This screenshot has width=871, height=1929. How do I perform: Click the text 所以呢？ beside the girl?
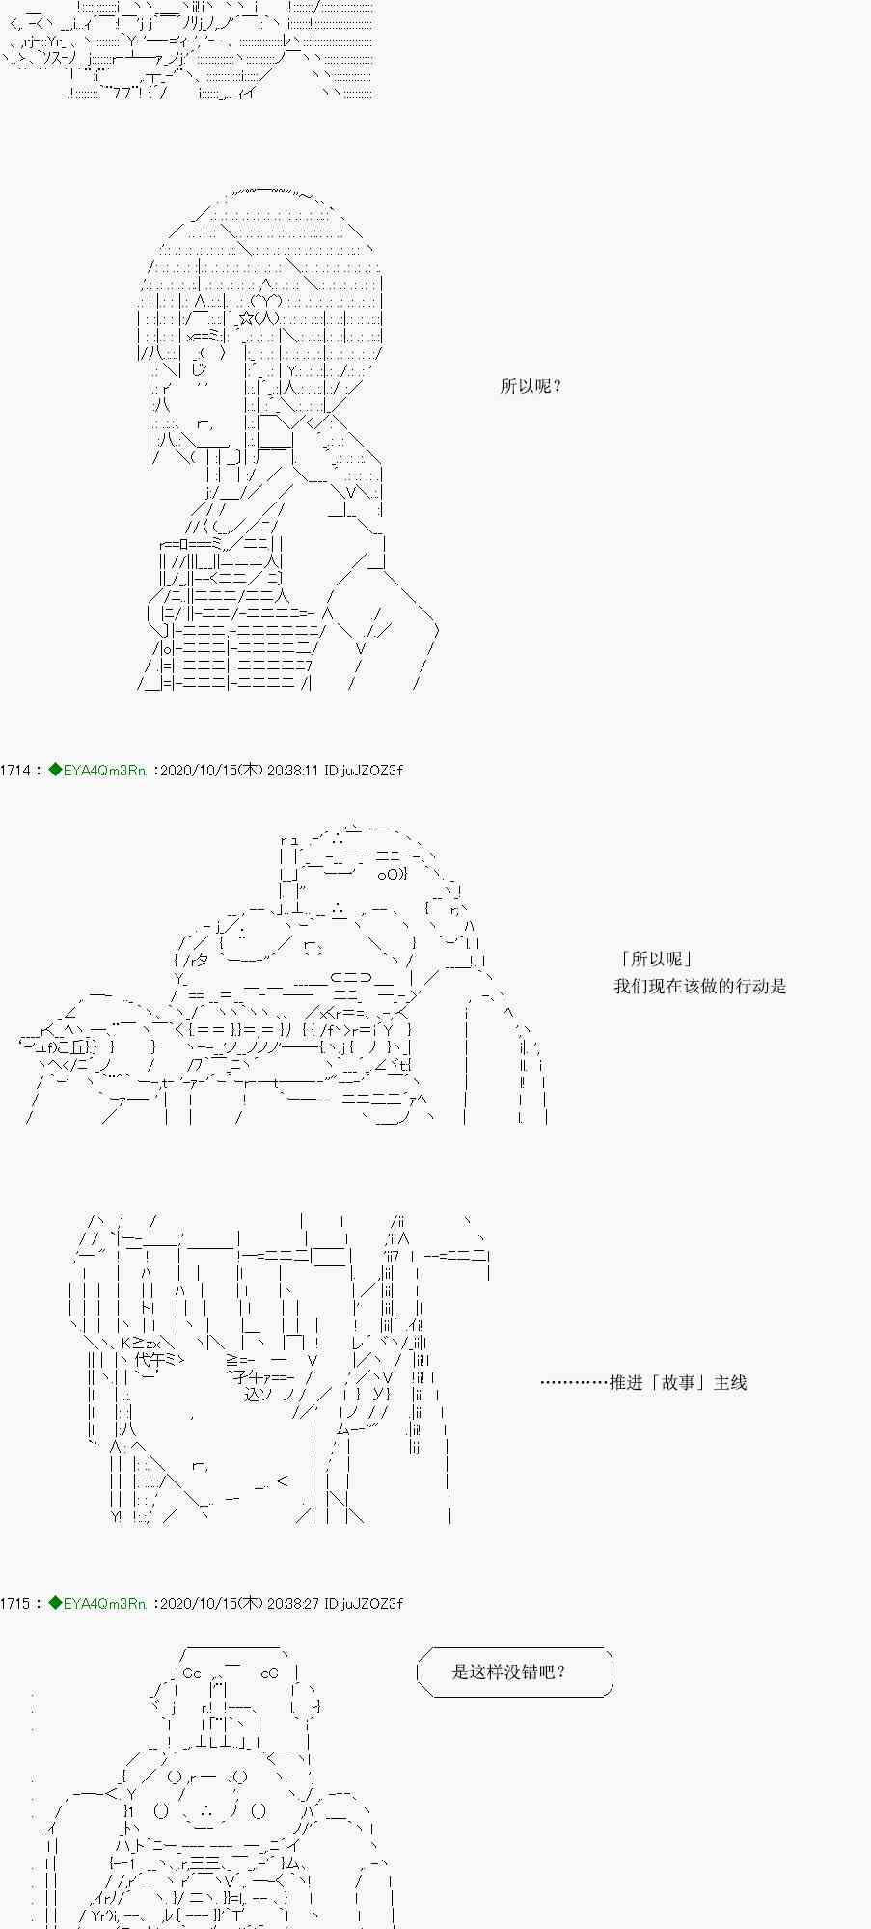pyautogui.click(x=531, y=387)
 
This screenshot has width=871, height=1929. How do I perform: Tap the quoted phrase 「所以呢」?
pyautogui.click(x=657, y=959)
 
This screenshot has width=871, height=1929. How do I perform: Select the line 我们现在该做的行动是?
pyautogui.click(x=699, y=986)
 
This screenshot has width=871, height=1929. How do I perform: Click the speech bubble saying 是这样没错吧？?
pyautogui.click(x=514, y=1671)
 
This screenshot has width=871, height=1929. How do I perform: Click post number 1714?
pyautogui.click(x=14, y=771)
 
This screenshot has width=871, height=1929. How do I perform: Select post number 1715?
pyautogui.click(x=14, y=1603)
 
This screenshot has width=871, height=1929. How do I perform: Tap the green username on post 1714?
pyautogui.click(x=97, y=771)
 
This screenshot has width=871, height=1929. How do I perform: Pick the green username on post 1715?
pyautogui.click(x=97, y=1603)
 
